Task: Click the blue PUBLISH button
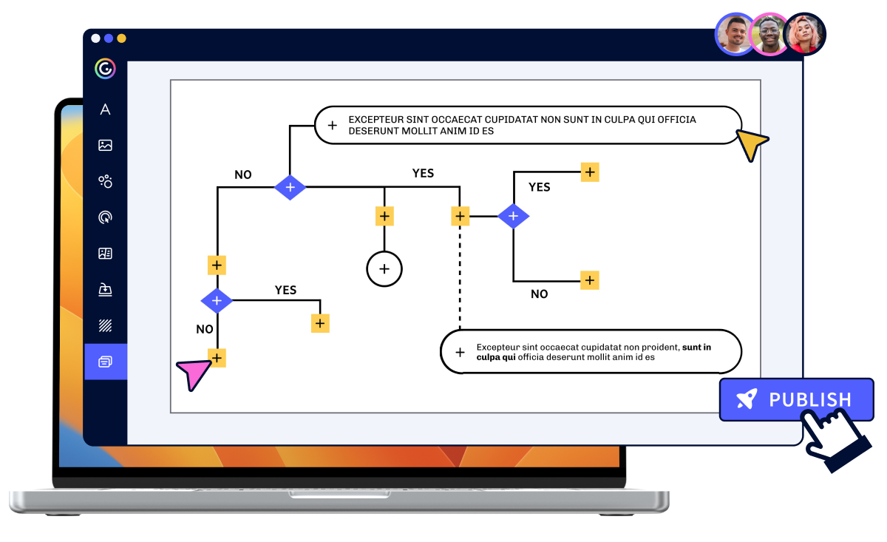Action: [x=796, y=399]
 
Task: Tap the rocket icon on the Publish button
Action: [x=747, y=399]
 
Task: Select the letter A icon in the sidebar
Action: [x=105, y=109]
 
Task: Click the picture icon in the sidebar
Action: [x=105, y=146]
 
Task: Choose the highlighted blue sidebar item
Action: [x=106, y=362]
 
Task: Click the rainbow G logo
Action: [x=105, y=69]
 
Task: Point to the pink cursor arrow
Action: [x=194, y=373]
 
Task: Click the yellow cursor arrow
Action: [x=752, y=143]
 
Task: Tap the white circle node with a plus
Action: [x=384, y=269]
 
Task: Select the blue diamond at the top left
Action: [x=290, y=187]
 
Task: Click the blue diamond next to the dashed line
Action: [x=513, y=217]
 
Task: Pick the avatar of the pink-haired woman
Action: [x=804, y=35]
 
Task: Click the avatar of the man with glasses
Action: [x=769, y=35]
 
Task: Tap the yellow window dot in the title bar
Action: [x=121, y=38]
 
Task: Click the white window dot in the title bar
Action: [x=95, y=38]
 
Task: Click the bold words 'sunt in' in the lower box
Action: [x=696, y=348]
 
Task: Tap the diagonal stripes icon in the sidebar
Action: [x=105, y=325]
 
